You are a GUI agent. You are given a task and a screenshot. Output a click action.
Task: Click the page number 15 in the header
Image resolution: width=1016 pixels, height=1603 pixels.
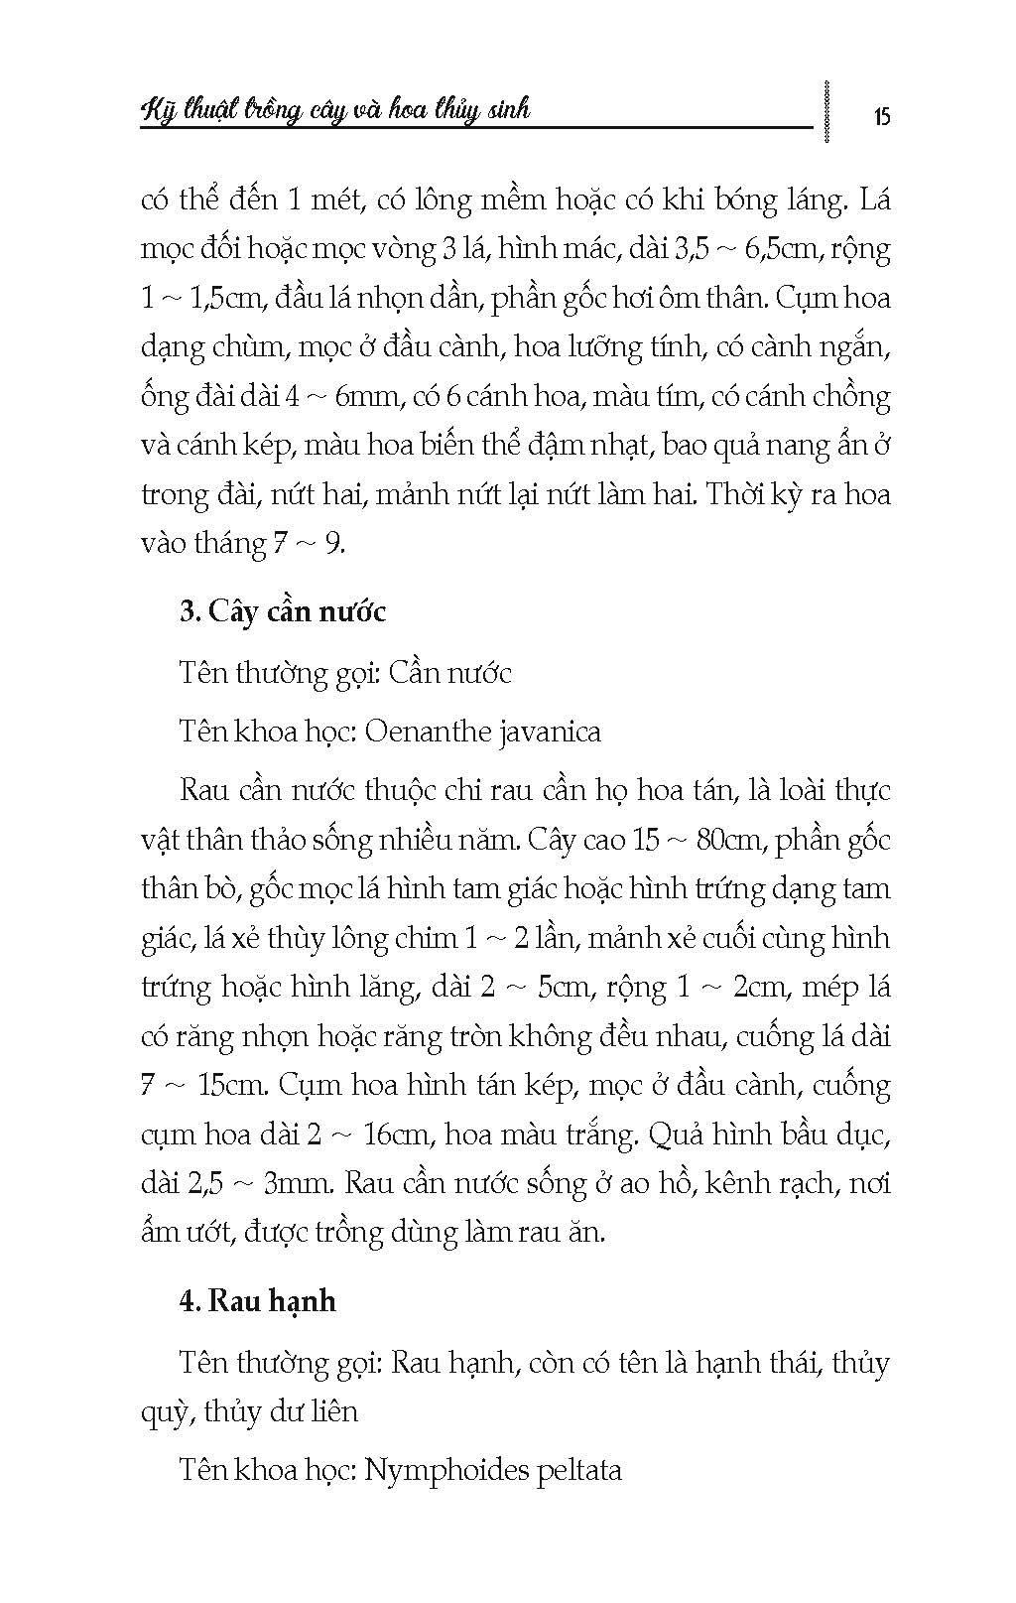pyautogui.click(x=882, y=116)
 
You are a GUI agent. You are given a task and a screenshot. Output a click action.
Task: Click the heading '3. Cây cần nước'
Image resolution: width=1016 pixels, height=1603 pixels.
pyautogui.click(x=283, y=611)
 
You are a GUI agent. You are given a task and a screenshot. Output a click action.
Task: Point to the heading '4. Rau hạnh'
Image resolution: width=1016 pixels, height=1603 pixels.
pyautogui.click(x=258, y=1300)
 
